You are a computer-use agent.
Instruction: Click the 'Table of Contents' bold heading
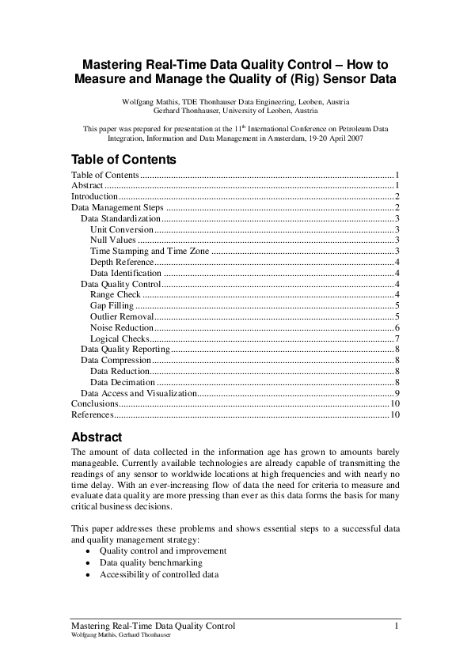123,159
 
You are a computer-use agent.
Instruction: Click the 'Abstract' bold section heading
97,437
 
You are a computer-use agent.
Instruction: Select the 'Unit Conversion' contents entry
122,229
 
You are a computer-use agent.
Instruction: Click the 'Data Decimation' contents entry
123,382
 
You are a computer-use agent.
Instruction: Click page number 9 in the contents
397,393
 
